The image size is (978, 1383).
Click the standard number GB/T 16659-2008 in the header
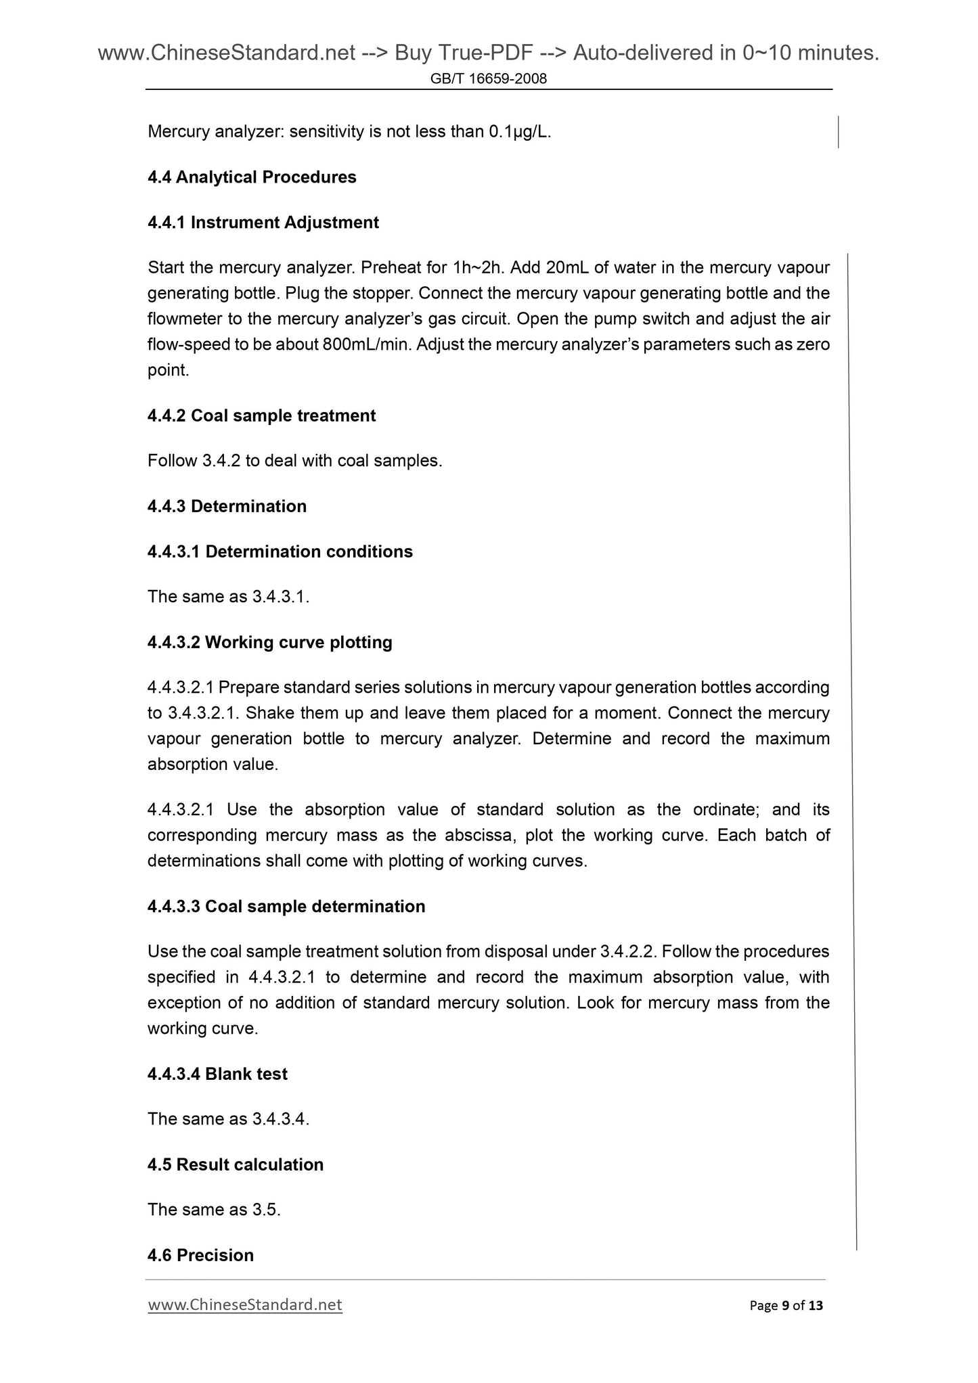[489, 79]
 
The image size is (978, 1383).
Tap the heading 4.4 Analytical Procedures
[252, 177]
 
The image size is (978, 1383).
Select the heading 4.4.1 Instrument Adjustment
[263, 223]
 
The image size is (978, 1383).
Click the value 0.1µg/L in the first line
[518, 132]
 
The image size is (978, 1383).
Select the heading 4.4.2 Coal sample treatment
[261, 415]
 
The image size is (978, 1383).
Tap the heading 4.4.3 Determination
[227, 506]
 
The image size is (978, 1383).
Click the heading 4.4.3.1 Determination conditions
[280, 551]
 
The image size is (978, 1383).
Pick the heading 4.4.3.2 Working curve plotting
[269, 642]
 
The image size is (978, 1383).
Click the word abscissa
[481, 836]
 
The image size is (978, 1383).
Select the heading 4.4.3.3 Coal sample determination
[286, 907]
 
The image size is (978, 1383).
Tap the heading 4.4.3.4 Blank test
[217, 1074]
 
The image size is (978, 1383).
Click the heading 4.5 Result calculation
[236, 1164]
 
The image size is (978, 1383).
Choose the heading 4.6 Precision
[200, 1255]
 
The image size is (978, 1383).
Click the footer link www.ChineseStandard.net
[245, 1305]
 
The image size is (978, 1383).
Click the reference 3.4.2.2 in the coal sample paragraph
[627, 952]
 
